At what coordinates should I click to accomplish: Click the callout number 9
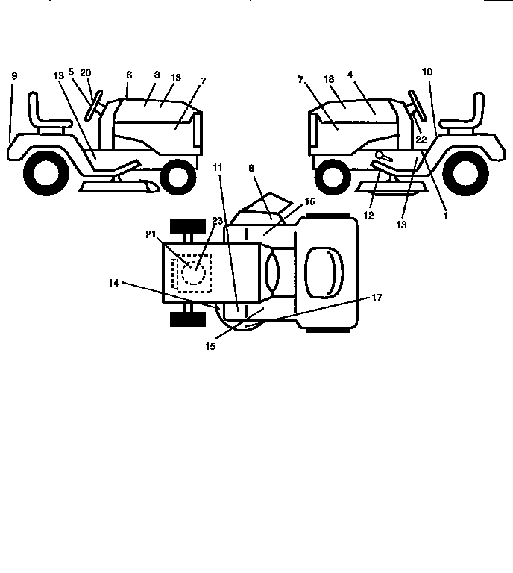coord(13,76)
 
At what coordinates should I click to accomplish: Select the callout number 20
coord(86,72)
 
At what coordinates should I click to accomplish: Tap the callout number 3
coord(157,75)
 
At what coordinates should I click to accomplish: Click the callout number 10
coord(427,72)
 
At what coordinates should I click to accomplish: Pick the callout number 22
coord(421,140)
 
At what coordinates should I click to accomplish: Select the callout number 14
coord(113,283)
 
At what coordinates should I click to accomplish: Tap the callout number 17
coord(377,298)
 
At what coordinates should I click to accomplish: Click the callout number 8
coord(251,169)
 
